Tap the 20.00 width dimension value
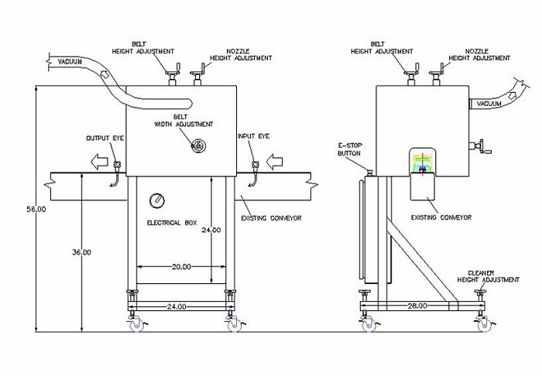click(180, 266)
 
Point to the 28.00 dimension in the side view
click(417, 306)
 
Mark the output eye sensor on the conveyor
click(116, 164)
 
